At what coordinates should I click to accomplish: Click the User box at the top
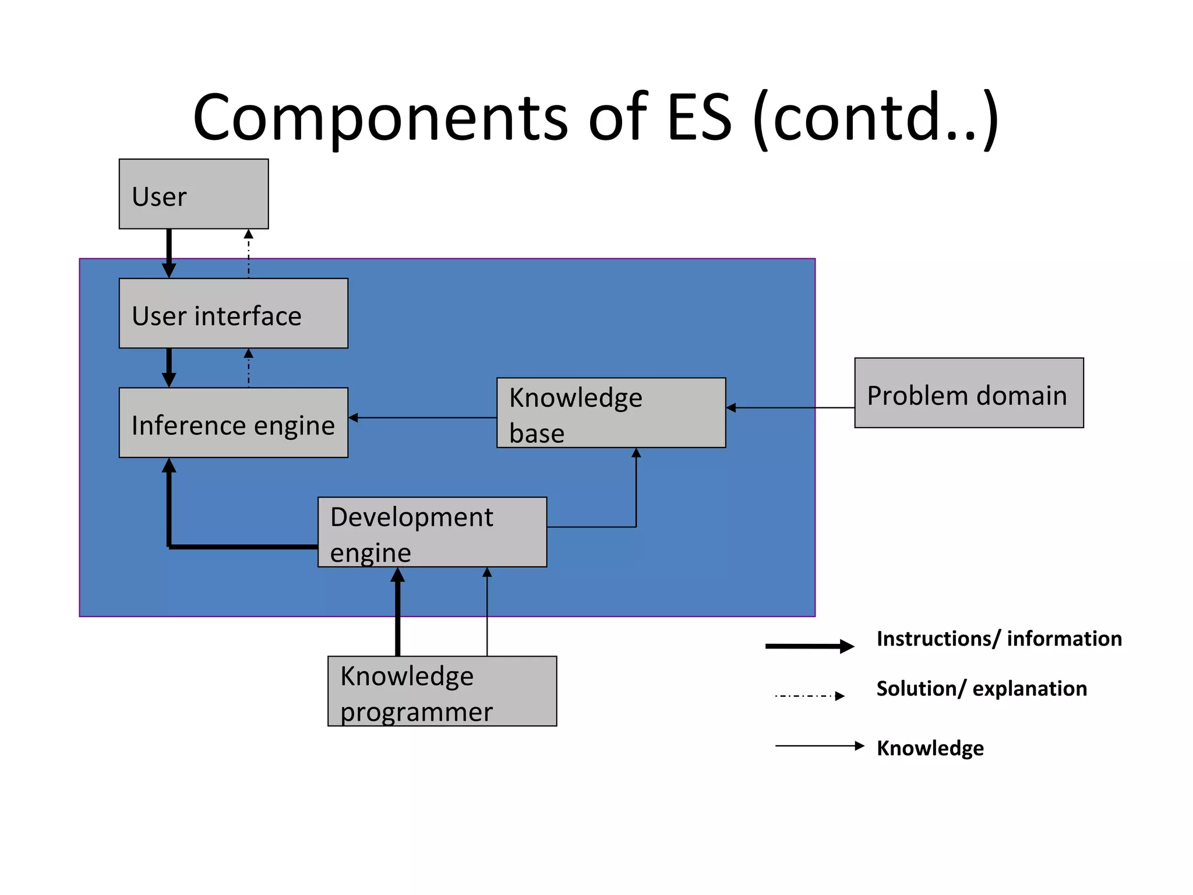[x=193, y=194]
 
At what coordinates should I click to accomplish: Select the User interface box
[x=233, y=313]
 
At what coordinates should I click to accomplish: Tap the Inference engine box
[x=233, y=422]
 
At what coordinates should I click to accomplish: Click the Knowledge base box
[x=610, y=413]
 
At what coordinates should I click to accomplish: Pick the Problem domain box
[x=969, y=393]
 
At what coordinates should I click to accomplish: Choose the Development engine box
[x=432, y=532]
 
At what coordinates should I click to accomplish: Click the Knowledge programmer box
[x=442, y=691]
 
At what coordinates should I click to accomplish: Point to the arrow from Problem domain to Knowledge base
[x=790, y=408]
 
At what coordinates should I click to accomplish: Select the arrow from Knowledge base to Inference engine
[x=422, y=418]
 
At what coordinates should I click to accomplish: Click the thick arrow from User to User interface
[x=169, y=253]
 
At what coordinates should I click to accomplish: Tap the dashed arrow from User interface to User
[x=249, y=253]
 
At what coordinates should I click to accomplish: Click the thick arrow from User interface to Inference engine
[x=169, y=367]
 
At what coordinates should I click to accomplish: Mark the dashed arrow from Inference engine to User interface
[x=249, y=368]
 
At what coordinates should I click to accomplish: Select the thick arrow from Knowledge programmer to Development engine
[x=398, y=612]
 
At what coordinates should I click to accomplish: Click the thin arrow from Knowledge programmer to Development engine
[x=487, y=612]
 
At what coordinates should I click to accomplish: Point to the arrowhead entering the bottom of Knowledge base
[x=636, y=453]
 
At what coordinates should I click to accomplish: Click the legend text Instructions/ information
[x=998, y=639]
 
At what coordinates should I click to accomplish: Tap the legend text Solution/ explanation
[x=982, y=689]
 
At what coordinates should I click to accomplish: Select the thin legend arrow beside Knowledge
[x=818, y=746]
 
